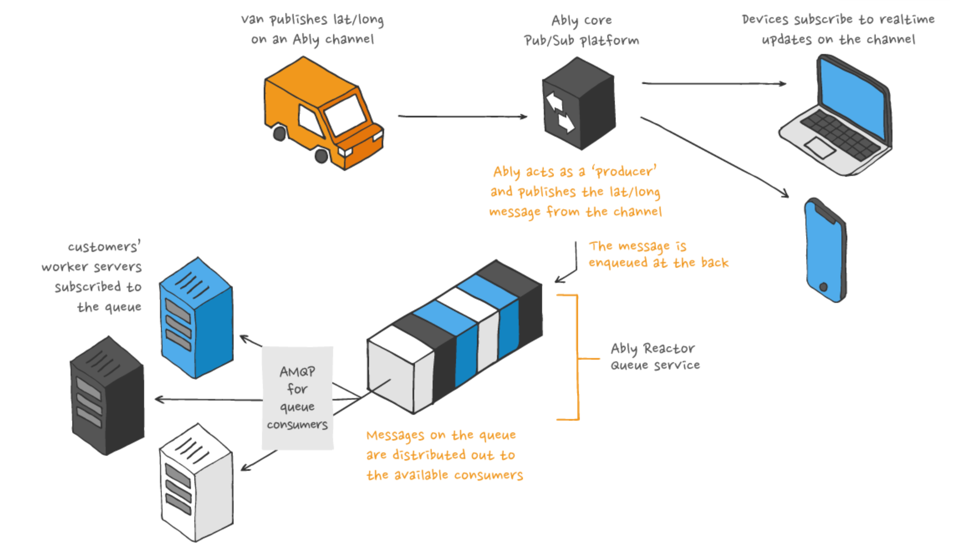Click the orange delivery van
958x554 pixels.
coord(323,114)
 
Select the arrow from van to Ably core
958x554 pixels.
coord(462,116)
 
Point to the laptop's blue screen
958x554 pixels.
coord(853,97)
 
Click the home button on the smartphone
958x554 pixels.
coord(824,287)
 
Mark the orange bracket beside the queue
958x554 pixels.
coord(577,358)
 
